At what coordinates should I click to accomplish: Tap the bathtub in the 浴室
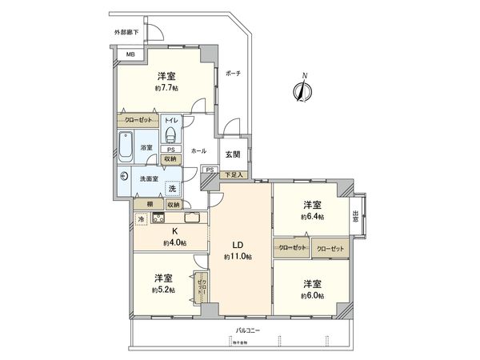(x=126, y=147)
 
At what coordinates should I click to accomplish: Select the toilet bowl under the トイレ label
(x=170, y=132)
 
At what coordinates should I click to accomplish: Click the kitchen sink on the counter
(x=193, y=218)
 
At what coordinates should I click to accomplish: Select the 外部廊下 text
(x=126, y=33)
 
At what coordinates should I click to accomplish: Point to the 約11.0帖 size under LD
(x=238, y=256)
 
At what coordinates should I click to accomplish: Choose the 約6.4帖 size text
(x=311, y=217)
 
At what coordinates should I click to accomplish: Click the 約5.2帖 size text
(x=163, y=290)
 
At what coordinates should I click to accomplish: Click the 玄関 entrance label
(x=230, y=155)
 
